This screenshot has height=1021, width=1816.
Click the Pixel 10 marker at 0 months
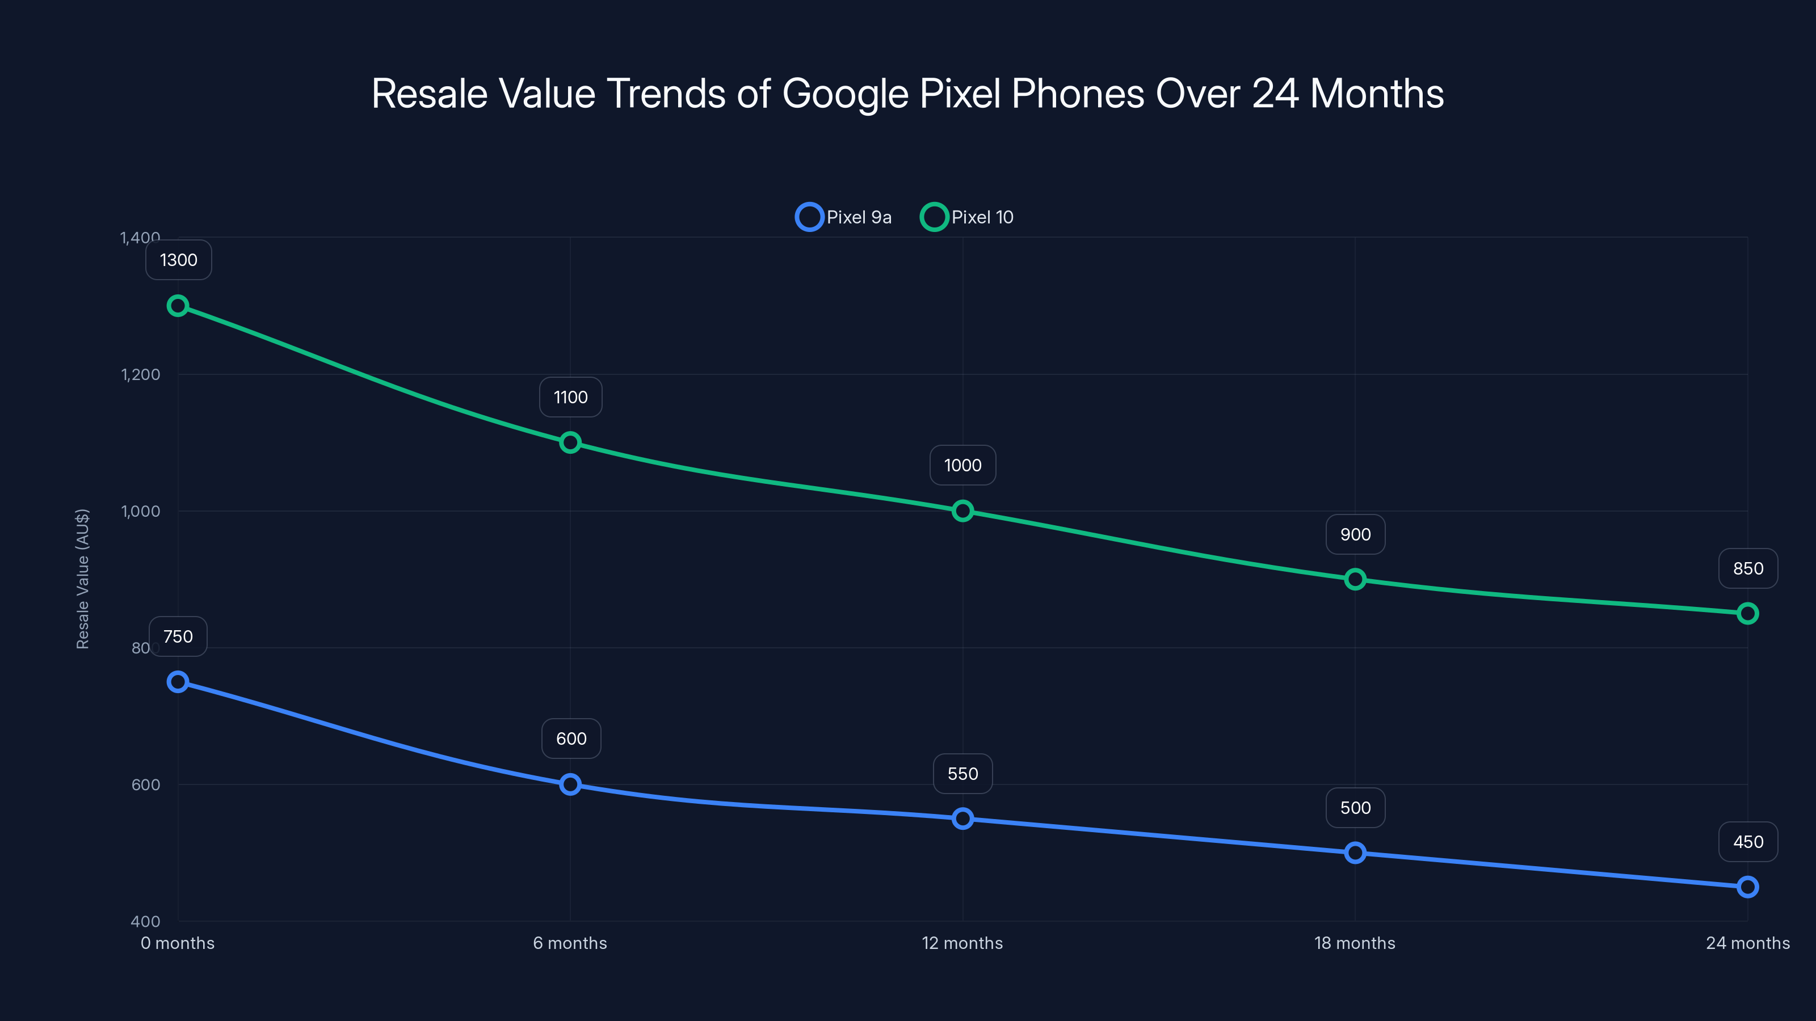click(178, 306)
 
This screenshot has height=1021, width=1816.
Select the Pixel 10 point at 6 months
click(570, 442)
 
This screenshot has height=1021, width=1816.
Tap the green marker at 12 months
click(962, 511)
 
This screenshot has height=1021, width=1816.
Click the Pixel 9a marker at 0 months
click(178, 682)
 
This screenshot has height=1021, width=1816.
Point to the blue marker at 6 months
click(570, 784)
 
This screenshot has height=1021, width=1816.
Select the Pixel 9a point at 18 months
click(1355, 853)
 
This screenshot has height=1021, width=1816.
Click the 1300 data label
click(178, 260)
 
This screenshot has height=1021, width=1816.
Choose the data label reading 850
click(1748, 568)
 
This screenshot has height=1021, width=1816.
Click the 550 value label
click(962, 774)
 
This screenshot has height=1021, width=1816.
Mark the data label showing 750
click(178, 637)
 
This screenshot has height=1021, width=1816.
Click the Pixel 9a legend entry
click(844, 217)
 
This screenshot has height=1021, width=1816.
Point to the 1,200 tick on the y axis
click(141, 374)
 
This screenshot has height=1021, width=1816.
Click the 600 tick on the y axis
click(146, 784)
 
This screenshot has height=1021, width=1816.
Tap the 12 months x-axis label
click(962, 943)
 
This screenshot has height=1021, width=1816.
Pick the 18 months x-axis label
click(1355, 943)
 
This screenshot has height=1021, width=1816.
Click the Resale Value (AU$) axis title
click(82, 579)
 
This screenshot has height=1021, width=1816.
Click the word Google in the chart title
click(844, 94)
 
